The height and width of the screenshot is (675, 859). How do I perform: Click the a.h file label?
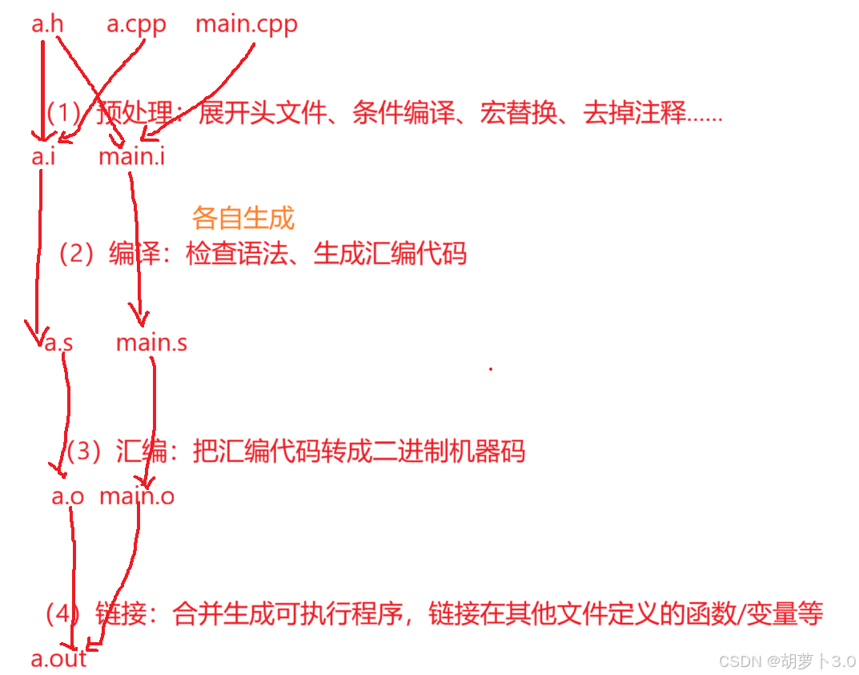coord(47,24)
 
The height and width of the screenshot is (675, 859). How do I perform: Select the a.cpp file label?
coord(136,24)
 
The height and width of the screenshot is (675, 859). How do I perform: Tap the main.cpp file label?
coord(247,24)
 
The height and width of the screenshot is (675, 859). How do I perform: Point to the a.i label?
coord(44,156)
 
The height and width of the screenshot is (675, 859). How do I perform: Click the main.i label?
coord(132,156)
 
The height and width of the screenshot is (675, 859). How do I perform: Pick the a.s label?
coord(58,344)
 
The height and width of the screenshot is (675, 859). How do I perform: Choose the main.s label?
coord(151,344)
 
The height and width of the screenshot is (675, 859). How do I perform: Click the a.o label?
coord(68,496)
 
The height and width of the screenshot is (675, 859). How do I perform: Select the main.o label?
coord(137,496)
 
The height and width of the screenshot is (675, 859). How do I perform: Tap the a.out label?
coord(58,659)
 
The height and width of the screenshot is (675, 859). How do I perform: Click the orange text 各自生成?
coord(243,218)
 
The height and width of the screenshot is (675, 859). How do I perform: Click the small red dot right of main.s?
coord(491,369)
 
